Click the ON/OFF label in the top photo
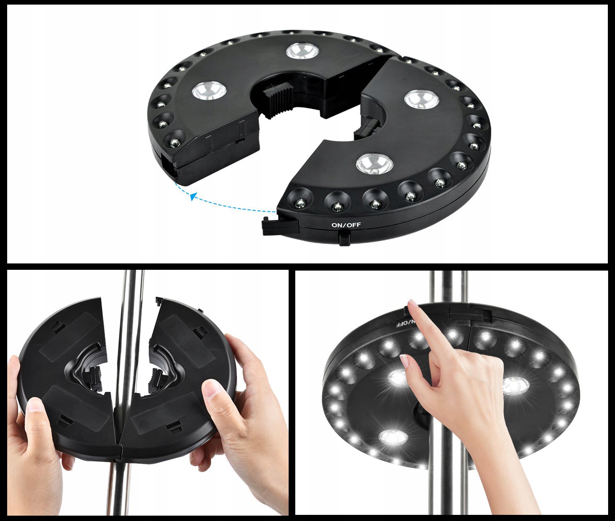point(346,225)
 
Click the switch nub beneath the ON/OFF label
point(344,238)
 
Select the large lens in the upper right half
point(421,99)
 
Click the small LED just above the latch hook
point(300,203)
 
